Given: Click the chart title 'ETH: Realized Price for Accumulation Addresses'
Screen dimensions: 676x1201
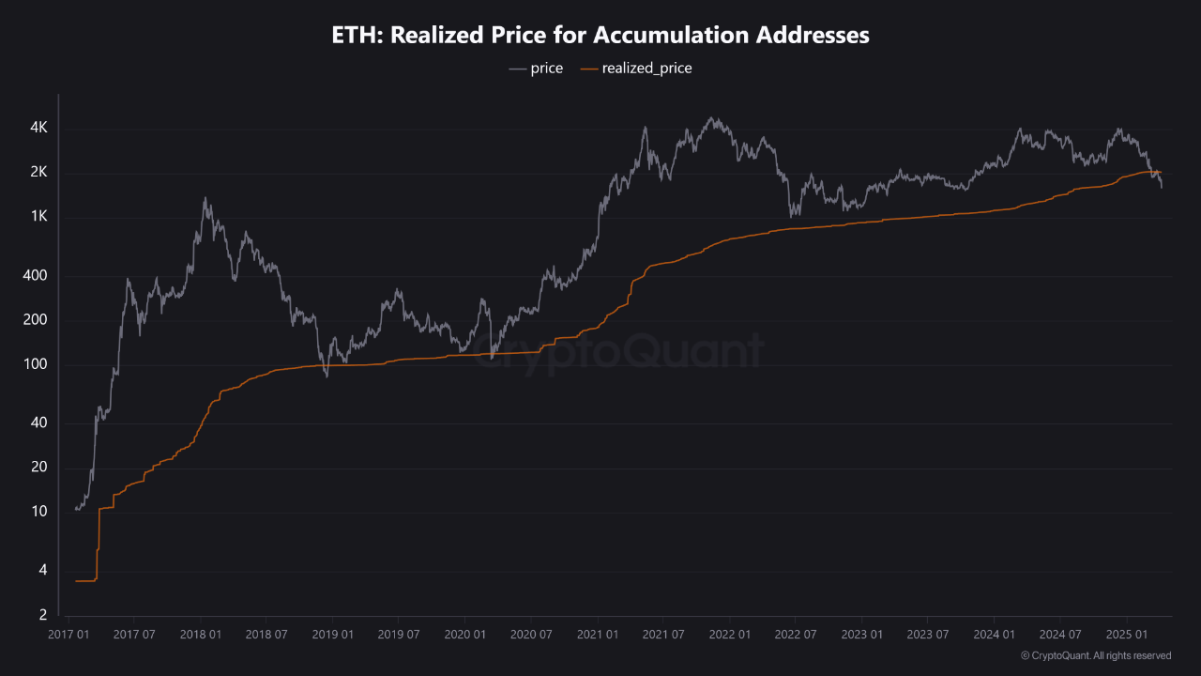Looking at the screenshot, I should [600, 36].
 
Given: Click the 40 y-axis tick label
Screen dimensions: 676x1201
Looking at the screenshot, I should [38, 423].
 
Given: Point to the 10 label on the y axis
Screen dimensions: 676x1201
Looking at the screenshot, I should [38, 513].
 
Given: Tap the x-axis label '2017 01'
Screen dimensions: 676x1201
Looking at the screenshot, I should [68, 635].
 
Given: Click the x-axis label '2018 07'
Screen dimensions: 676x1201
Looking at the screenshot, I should [266, 635].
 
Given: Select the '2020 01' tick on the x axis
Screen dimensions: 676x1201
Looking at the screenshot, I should [464, 635].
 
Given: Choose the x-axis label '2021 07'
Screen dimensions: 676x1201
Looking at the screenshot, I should [662, 635].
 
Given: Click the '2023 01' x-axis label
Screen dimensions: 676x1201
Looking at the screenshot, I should [861, 635].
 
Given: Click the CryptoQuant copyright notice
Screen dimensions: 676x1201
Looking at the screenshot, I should [1095, 655].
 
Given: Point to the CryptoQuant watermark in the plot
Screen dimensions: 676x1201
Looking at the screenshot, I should [618, 352].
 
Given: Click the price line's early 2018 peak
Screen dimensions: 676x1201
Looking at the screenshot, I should [205, 198].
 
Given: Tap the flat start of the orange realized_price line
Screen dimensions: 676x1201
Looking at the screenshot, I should [85, 581].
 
